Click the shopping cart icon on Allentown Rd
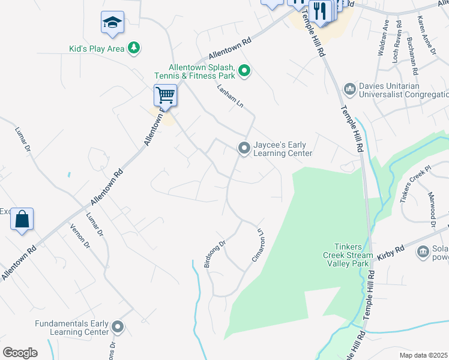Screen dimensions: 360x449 (x=165, y=95)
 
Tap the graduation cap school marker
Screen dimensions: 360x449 (x=112, y=23)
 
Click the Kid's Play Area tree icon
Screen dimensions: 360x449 (x=135, y=48)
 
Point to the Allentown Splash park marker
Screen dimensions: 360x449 (x=244, y=72)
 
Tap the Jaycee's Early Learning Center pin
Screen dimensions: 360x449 (x=244, y=148)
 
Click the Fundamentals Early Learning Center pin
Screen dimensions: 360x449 (x=118, y=328)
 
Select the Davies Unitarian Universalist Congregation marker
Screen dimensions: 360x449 (x=349, y=90)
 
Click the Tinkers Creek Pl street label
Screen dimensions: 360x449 (x=415, y=187)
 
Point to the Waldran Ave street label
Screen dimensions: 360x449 (x=382, y=38)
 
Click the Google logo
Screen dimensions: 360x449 (x=20, y=353)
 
